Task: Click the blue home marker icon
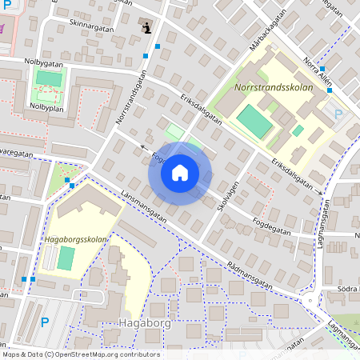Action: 180,173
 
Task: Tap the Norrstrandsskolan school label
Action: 270,86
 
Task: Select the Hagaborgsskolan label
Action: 77,238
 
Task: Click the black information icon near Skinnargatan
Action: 146,27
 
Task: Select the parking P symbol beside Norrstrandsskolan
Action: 338,114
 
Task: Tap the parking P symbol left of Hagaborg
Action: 45,322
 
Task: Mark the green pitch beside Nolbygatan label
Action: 50,78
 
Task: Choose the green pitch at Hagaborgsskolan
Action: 66,258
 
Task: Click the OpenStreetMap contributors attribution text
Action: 80,354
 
